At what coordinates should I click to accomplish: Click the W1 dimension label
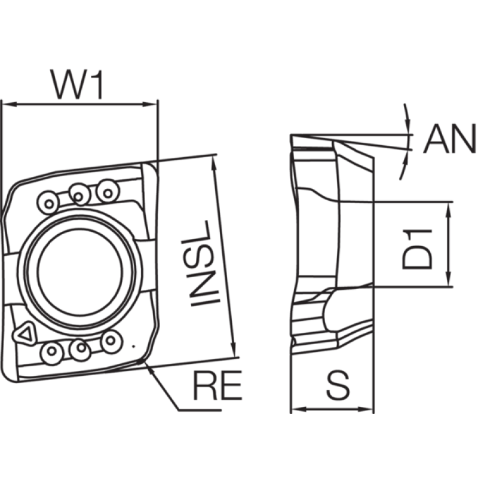coord(77,84)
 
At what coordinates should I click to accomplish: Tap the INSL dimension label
coord(200,263)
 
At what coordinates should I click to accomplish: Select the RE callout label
coord(217,385)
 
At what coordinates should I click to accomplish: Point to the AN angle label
coord(450,139)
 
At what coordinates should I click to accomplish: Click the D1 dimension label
coord(416,250)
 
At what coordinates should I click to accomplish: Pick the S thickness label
coord(338,385)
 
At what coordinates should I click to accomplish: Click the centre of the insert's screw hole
coord(80,272)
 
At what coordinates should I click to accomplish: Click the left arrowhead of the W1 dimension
coord(9,105)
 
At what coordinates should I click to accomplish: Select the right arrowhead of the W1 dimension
coord(151,105)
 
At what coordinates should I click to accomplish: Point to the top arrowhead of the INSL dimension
coord(214,163)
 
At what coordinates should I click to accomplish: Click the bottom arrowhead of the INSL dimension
coord(233,350)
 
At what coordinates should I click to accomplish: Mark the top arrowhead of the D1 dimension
coord(448,210)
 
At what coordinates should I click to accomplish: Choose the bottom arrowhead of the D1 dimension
coord(448,278)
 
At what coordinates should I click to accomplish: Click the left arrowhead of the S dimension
coord(299,409)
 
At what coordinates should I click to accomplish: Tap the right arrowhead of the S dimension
coord(366,409)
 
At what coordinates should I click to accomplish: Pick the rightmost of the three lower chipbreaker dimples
coord(111,341)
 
